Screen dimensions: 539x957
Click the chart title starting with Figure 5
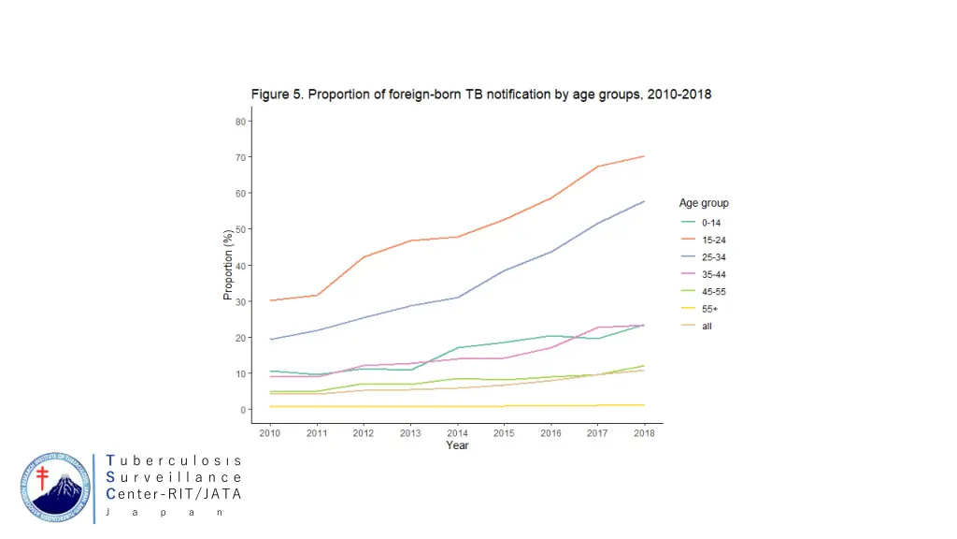point(480,95)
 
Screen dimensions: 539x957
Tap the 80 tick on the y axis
point(240,121)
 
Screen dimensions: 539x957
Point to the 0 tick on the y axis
point(242,410)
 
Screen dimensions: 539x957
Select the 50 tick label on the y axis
point(240,229)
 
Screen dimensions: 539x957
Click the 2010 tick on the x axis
point(270,432)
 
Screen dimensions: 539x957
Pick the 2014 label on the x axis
point(457,432)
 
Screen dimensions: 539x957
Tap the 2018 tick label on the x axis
point(643,432)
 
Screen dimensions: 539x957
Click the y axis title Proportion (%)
point(228,265)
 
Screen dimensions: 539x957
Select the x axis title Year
point(457,445)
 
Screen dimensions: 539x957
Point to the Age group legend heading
point(704,203)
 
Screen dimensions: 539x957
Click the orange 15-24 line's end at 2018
point(644,156)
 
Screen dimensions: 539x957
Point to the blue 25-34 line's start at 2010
point(270,339)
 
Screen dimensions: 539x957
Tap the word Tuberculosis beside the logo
point(174,461)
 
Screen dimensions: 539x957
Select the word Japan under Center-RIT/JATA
point(163,513)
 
